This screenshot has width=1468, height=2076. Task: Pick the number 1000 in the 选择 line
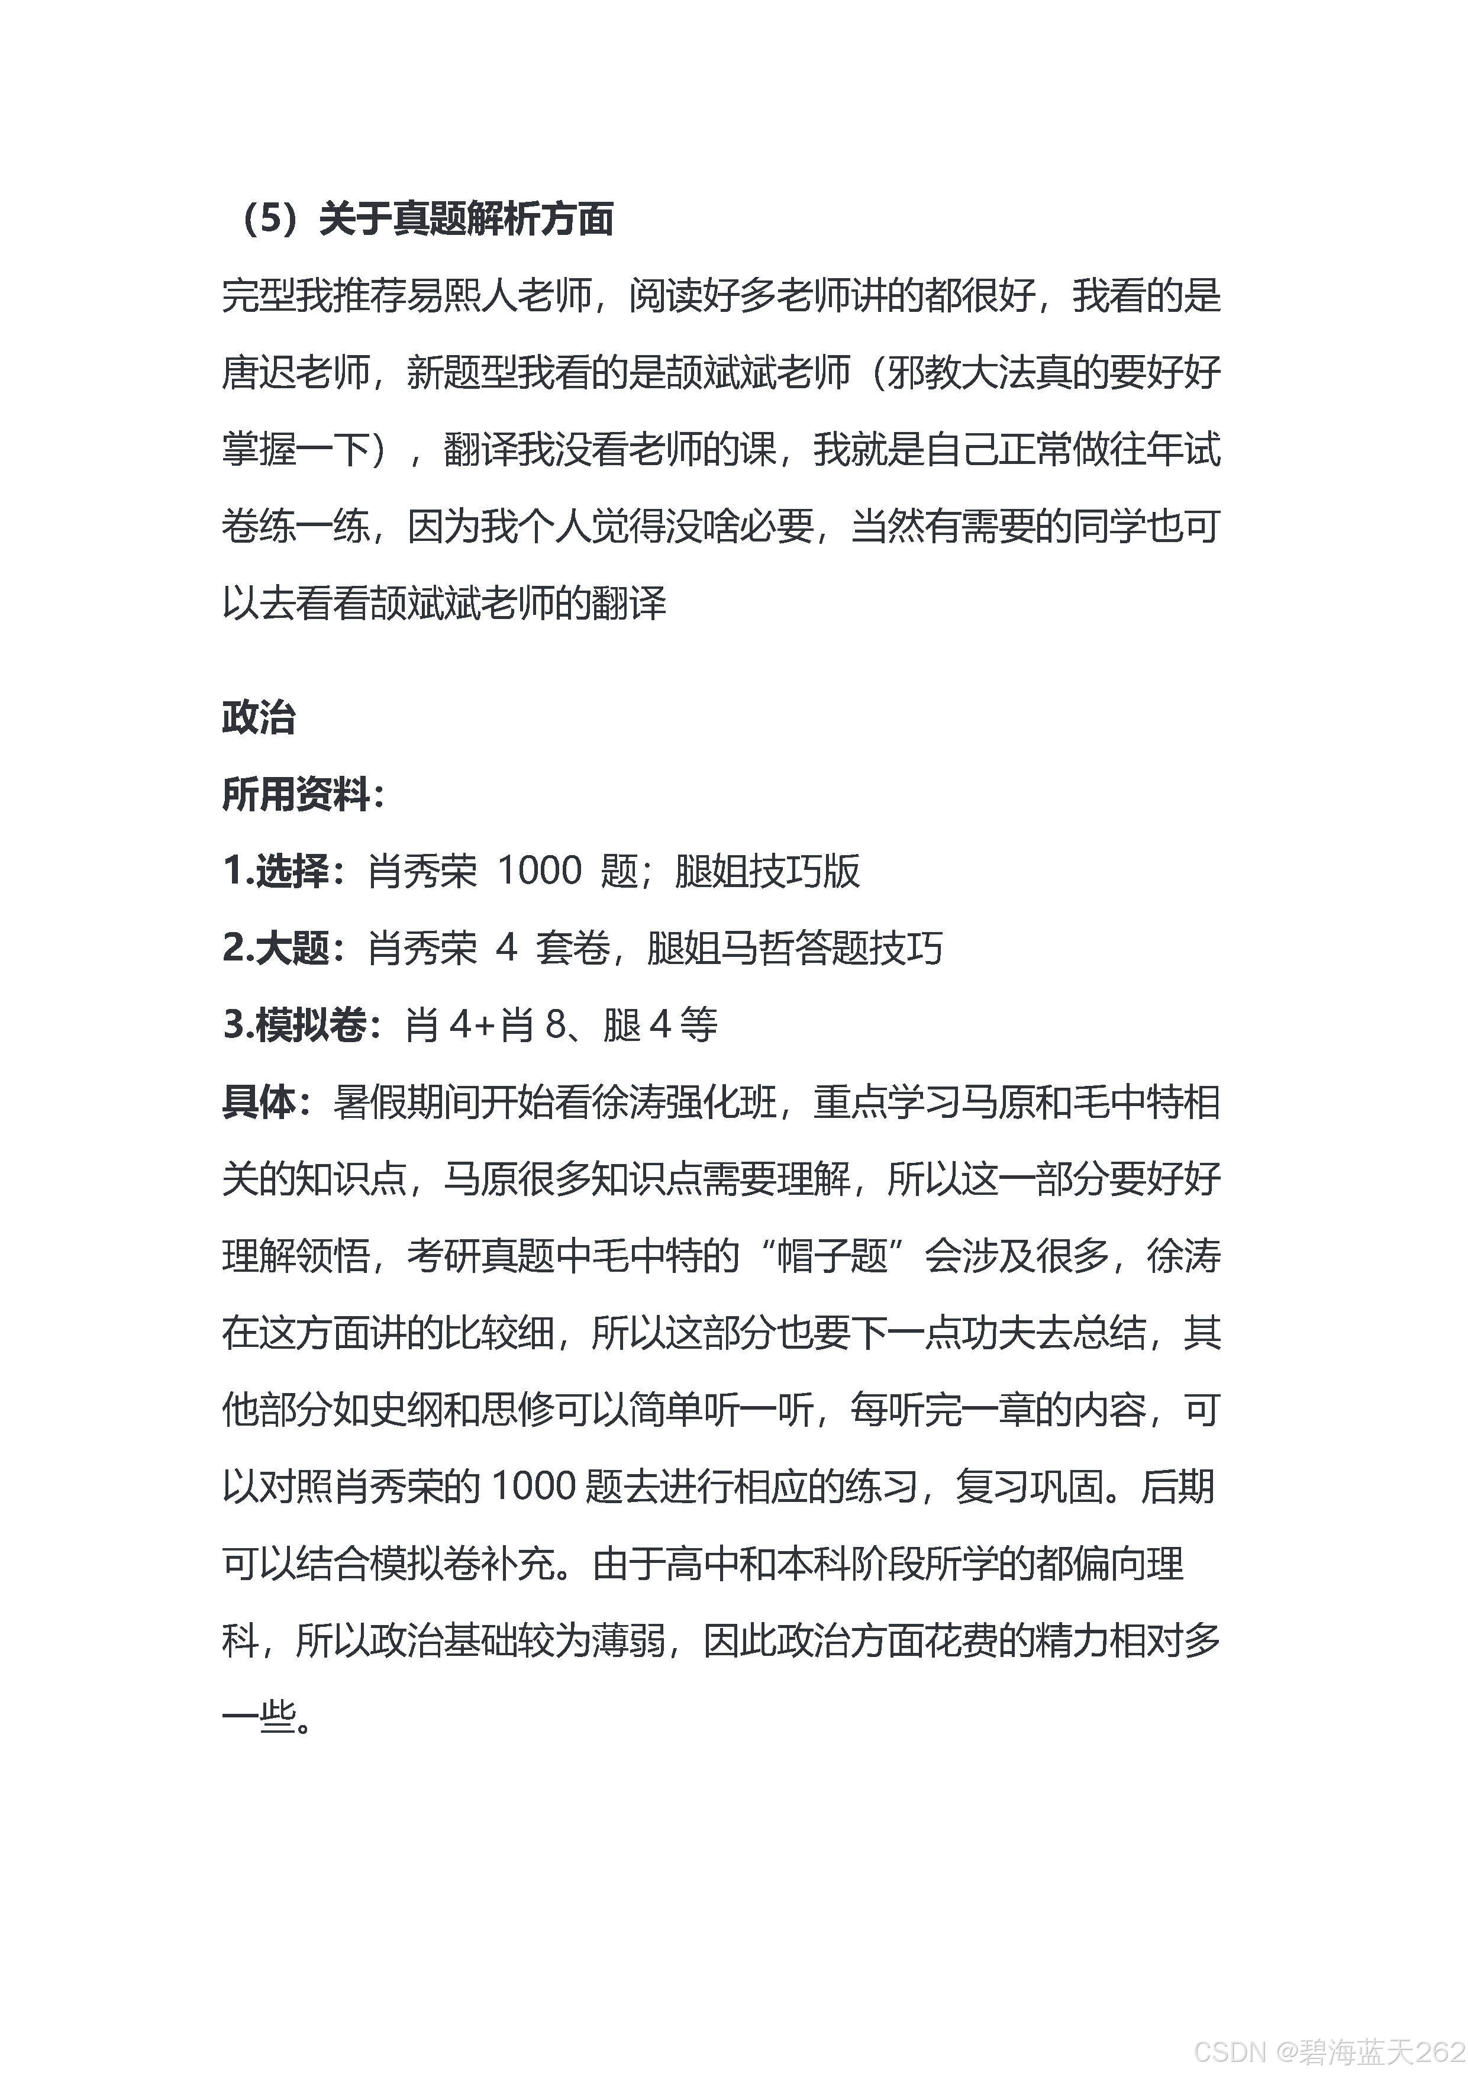click(x=540, y=872)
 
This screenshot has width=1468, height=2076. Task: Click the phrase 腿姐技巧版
click(x=766, y=872)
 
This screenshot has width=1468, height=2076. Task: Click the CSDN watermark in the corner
click(x=1329, y=2051)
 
